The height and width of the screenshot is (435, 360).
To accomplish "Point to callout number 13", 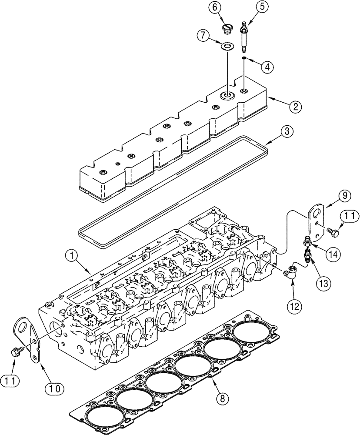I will (x=323, y=283).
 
